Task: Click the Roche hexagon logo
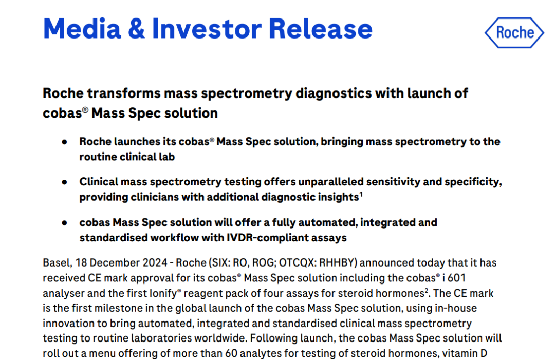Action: [514, 32]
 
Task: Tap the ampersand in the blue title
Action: [136, 29]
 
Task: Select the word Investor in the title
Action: [207, 29]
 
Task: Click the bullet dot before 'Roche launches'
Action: [64, 142]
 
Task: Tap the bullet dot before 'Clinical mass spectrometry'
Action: [64, 182]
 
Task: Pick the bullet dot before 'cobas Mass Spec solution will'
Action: [64, 223]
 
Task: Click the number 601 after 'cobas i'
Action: [457, 278]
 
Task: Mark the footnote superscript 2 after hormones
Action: [427, 290]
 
